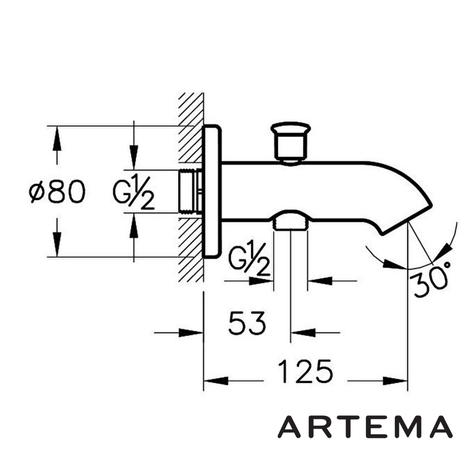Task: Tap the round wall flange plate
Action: pyautogui.click(x=212, y=192)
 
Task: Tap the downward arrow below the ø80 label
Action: pyautogui.click(x=56, y=243)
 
